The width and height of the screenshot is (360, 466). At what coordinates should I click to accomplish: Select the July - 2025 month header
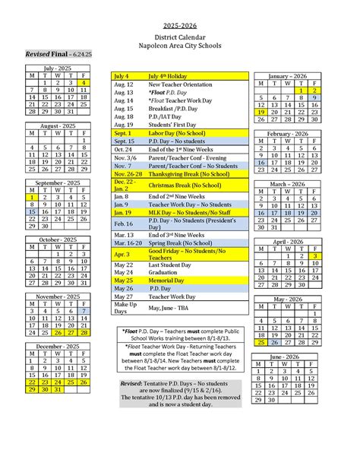[58, 68]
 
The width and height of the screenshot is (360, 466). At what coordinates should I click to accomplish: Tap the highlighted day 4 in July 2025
[84, 82]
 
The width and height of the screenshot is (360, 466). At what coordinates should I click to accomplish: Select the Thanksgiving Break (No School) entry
[189, 173]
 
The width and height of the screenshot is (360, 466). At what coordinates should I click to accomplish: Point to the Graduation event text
[168, 272]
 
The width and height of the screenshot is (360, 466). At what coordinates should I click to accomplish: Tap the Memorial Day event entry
[172, 281]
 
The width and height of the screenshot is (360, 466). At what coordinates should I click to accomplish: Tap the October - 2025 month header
[58, 240]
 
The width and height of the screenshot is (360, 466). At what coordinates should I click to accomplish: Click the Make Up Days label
[125, 307]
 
